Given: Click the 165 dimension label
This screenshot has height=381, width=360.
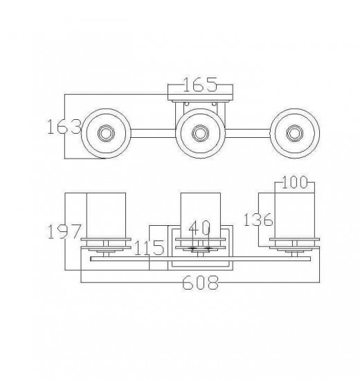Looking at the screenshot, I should [x=201, y=86].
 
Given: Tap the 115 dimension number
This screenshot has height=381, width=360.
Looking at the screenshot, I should [x=149, y=247].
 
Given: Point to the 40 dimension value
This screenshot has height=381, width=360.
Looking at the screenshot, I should [x=200, y=227].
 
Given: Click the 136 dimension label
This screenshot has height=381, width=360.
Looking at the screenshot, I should [x=258, y=220].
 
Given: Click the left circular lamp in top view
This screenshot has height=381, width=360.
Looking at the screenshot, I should [x=105, y=132].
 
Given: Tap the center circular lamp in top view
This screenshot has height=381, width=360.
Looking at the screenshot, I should [x=200, y=132].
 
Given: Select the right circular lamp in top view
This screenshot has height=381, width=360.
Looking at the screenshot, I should [x=294, y=132].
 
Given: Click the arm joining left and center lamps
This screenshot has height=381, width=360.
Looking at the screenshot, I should [x=152, y=132].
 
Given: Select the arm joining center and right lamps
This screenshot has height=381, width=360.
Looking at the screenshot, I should [x=247, y=132].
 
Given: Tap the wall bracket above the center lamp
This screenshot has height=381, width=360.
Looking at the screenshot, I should [x=201, y=103].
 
